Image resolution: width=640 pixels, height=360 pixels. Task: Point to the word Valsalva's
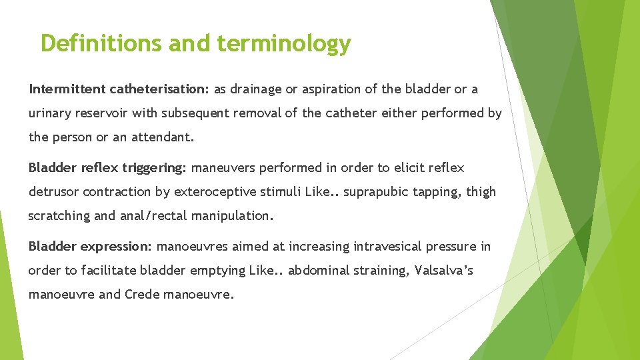point(443,271)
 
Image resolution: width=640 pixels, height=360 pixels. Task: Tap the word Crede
point(141,295)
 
